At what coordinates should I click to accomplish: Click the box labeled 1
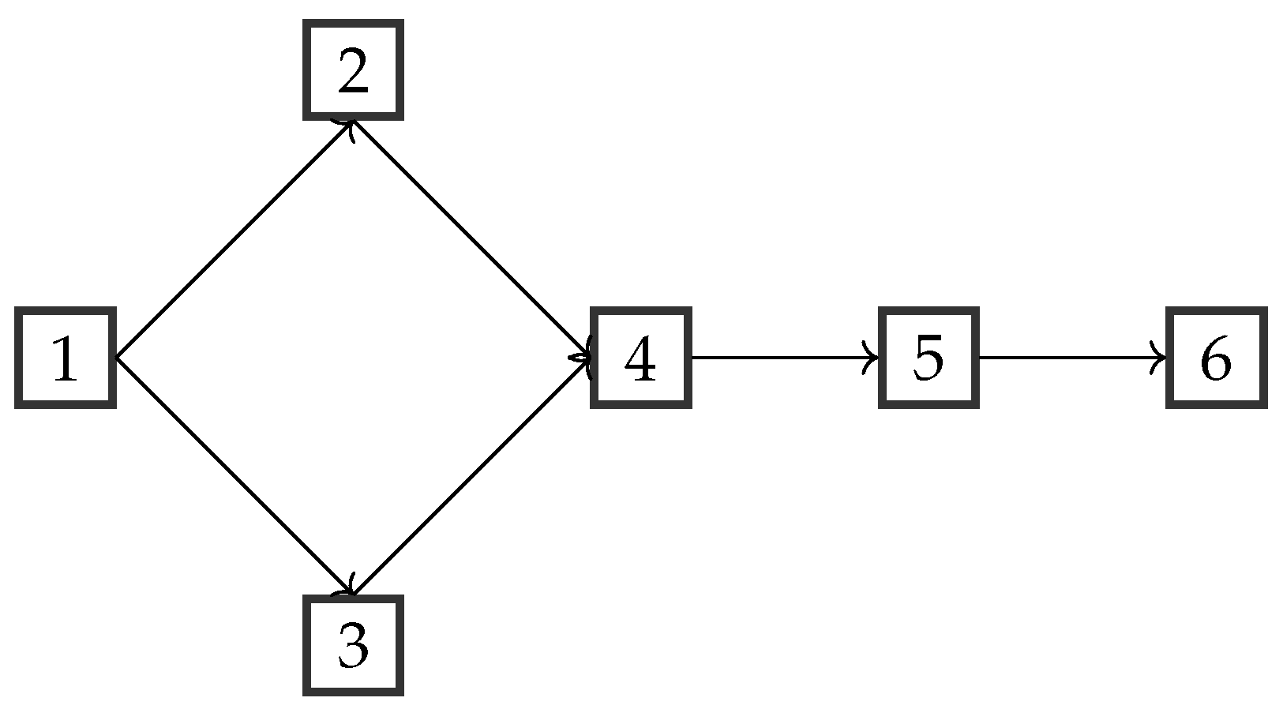click(66, 358)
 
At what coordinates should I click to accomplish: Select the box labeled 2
click(353, 70)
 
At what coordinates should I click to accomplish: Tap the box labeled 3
click(353, 645)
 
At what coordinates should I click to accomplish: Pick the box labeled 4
click(640, 358)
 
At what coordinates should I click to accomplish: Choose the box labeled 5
click(928, 358)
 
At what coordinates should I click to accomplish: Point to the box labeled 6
click(1216, 358)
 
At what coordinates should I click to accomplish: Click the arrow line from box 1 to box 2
click(234, 239)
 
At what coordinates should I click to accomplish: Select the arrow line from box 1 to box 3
click(234, 476)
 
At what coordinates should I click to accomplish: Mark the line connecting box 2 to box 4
click(471, 239)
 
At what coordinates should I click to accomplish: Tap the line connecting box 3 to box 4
click(471, 476)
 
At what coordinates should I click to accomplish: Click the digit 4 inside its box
click(640, 360)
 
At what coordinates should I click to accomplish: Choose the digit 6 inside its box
click(1216, 360)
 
